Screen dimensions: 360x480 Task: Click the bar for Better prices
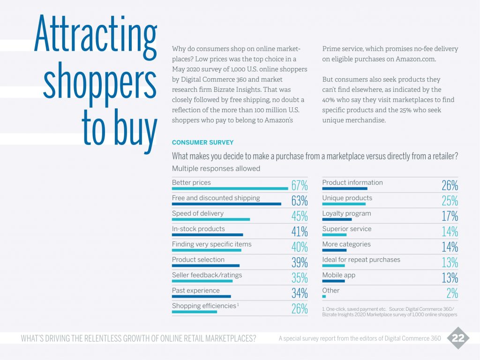[x=230, y=188]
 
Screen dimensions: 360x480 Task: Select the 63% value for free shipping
[x=300, y=201]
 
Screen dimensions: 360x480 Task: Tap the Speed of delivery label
[x=198, y=213]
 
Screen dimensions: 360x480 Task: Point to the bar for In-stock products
[x=207, y=235]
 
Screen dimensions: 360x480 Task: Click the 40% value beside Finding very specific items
[x=300, y=247]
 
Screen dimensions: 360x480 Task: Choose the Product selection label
[x=198, y=260]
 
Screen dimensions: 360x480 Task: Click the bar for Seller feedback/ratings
[x=202, y=281]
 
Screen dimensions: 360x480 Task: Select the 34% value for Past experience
[x=300, y=293]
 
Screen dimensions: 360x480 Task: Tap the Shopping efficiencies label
[x=204, y=306]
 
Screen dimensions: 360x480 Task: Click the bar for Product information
[x=345, y=188]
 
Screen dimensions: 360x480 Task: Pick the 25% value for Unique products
[x=450, y=201]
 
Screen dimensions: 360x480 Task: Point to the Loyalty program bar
[x=337, y=219]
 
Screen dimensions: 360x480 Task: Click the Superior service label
[x=347, y=229]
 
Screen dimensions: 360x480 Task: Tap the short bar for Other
[x=324, y=296]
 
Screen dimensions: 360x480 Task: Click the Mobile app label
[x=339, y=275]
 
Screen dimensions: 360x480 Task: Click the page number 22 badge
[x=457, y=338]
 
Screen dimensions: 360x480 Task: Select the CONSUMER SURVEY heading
[x=202, y=142]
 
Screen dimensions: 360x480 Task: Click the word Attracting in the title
[x=95, y=35]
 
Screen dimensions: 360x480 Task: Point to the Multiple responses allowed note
[x=216, y=168]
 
